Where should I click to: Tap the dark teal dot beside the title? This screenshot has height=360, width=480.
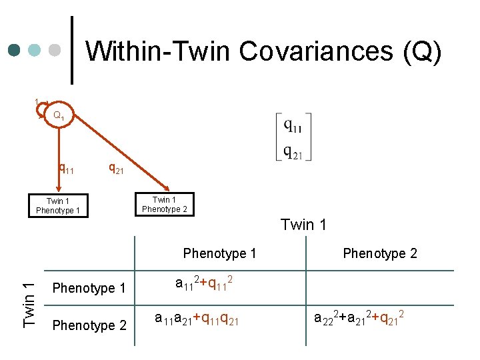[x=15, y=50]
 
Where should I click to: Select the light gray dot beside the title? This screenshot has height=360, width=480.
[x=57, y=50]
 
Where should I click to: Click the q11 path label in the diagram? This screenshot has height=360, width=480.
[x=67, y=169]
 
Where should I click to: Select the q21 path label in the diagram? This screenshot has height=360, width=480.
[x=116, y=169]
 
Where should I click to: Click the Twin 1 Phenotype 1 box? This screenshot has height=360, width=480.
[x=58, y=206]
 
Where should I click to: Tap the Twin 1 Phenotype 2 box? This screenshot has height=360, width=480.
[x=165, y=204]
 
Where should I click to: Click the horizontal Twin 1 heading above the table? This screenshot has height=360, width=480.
[x=303, y=225]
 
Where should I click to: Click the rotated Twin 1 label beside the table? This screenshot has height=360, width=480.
[x=28, y=304]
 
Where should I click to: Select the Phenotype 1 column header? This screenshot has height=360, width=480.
[x=219, y=253]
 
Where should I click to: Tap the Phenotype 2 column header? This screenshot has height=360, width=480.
[x=379, y=253]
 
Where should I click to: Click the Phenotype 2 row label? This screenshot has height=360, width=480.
[x=89, y=325]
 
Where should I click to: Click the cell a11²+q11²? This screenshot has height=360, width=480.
[x=204, y=285]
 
